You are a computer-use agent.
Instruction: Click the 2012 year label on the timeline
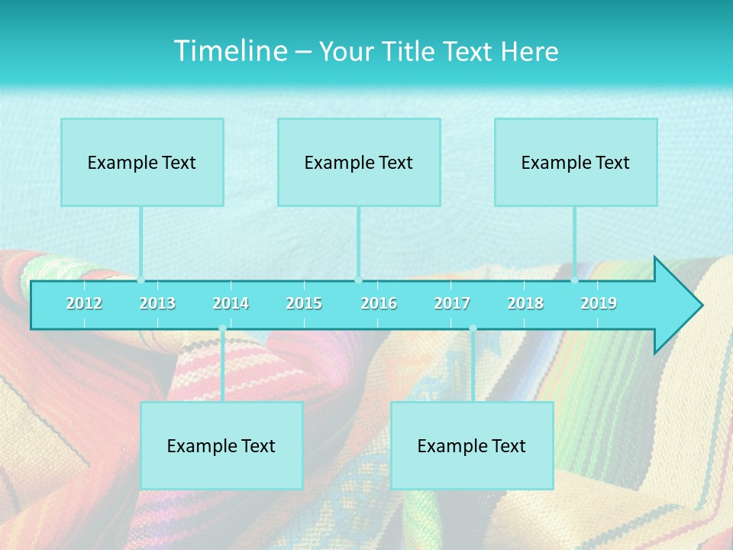tap(84, 303)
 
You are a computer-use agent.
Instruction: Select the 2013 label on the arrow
tap(157, 303)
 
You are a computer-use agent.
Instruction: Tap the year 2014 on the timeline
tap(231, 303)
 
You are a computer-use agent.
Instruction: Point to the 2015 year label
tap(304, 303)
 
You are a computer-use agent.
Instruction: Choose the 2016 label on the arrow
tap(379, 303)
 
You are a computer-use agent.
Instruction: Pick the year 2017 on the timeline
tap(452, 303)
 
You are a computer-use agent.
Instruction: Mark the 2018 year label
tap(525, 303)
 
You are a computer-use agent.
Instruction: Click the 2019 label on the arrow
tap(599, 303)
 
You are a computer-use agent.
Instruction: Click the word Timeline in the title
tap(230, 50)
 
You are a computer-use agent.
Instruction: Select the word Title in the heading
tap(408, 51)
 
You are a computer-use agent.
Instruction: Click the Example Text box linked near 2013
tap(142, 162)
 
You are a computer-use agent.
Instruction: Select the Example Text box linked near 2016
tap(359, 162)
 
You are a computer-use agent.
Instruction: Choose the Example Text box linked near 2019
tap(576, 162)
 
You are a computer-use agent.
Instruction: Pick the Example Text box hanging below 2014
tap(221, 445)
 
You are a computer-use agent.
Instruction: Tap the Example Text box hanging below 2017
tap(472, 445)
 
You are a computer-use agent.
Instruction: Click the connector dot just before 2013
tap(140, 280)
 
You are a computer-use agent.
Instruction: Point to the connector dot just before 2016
tap(358, 280)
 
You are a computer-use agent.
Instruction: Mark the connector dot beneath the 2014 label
tap(222, 328)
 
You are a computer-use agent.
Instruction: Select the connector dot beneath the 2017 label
tap(473, 328)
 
